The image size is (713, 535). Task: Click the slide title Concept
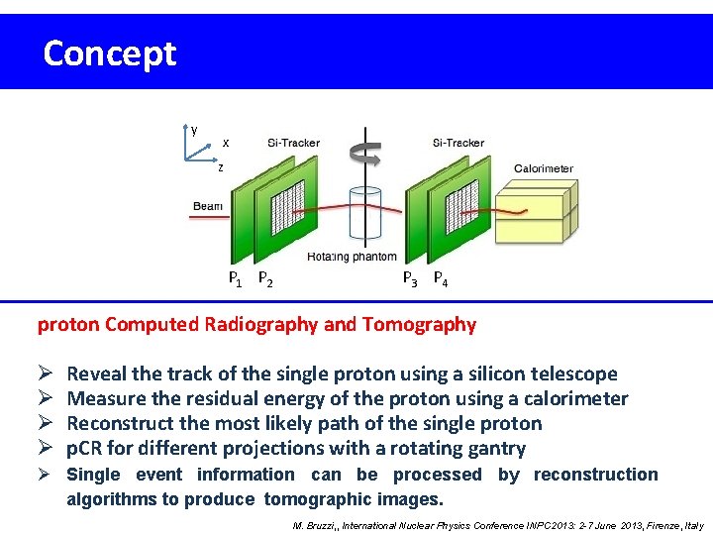coord(109,53)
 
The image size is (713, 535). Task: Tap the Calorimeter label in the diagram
coord(543,168)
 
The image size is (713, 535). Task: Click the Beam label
coord(208,206)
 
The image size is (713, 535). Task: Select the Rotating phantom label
coord(352,257)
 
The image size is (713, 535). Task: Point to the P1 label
coord(236,279)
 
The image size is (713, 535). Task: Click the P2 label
coord(265,279)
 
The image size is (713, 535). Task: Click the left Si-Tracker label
coord(293,143)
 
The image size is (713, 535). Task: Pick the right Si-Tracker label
coord(458,143)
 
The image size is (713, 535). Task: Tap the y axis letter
coord(194,130)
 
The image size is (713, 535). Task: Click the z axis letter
coord(221,167)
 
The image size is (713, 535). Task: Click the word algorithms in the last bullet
coord(110,498)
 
